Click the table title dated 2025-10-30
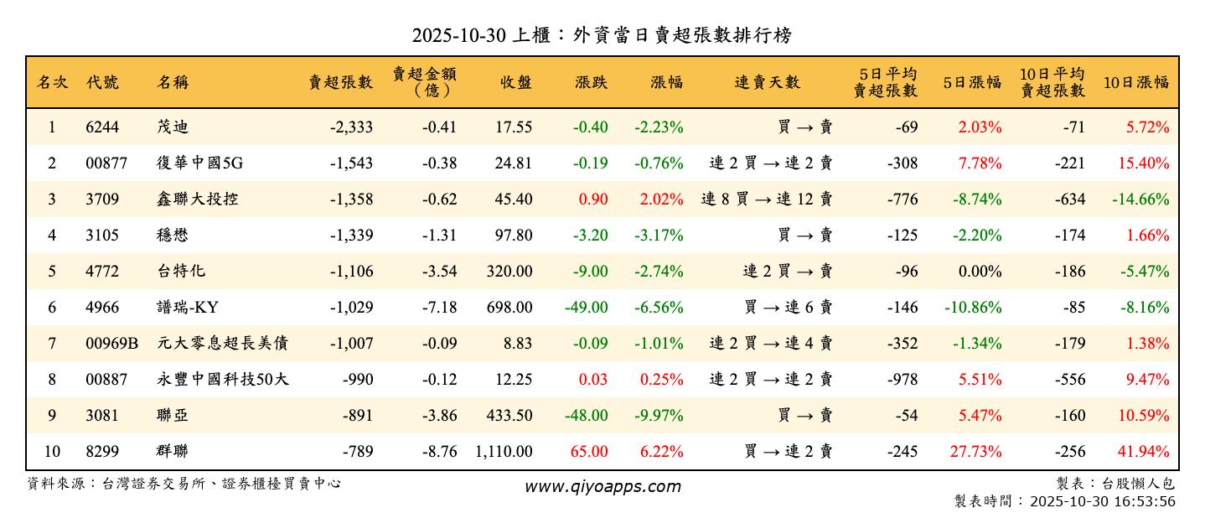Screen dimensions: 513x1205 point(602,35)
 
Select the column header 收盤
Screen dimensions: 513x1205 point(515,82)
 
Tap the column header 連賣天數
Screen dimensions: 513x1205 point(767,82)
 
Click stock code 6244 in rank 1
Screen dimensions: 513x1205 point(102,127)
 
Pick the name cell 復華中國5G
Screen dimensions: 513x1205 point(199,163)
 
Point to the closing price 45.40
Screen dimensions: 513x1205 point(513,199)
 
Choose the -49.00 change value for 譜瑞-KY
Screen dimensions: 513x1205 point(586,308)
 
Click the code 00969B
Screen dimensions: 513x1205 point(111,344)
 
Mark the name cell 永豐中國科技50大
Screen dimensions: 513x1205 point(223,380)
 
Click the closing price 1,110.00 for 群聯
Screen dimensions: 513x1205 point(503,452)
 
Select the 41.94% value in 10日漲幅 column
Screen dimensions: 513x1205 point(1142,452)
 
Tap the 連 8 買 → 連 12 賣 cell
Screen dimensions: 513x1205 point(766,199)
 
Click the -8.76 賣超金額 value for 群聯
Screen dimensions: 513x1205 point(440,452)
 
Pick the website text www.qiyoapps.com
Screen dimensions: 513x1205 point(602,486)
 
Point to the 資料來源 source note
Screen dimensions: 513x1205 point(184,484)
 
